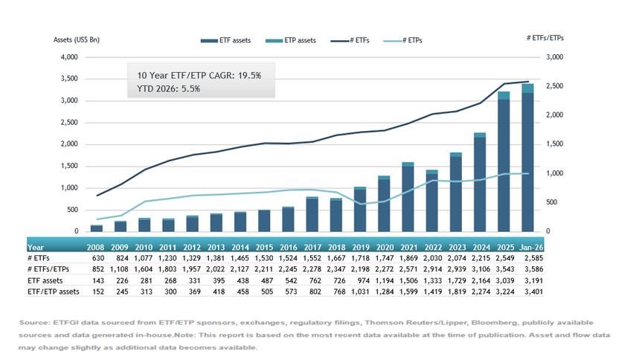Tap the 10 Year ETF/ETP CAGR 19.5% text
(198, 76)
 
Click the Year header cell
(36, 246)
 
